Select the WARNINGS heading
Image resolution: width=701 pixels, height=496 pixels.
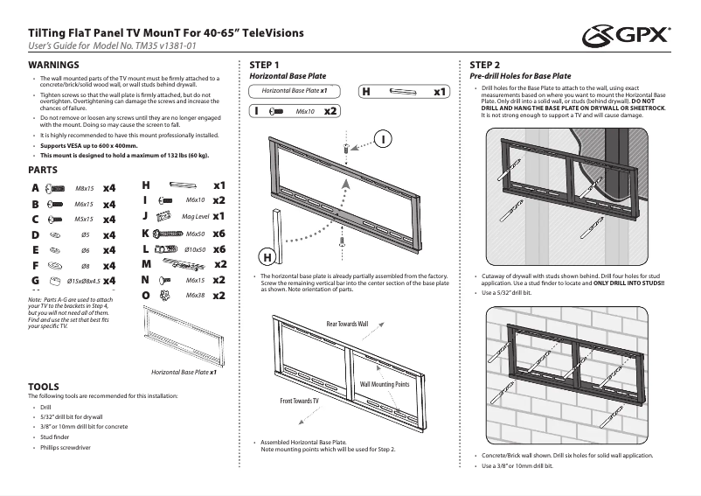coord(54,66)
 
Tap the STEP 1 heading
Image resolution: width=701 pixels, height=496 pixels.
coord(265,66)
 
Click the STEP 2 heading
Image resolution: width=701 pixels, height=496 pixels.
coord(485,66)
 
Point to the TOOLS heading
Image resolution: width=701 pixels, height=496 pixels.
coord(44,386)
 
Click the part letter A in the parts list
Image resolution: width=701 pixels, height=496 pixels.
coord(34,188)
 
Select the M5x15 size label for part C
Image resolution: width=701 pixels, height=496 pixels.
coord(84,220)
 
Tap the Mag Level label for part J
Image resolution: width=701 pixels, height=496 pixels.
coord(195,216)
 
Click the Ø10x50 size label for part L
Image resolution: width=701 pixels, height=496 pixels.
coord(195,249)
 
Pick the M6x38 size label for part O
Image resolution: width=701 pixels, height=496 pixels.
coord(195,296)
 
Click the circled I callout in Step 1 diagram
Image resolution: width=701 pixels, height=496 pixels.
coord(384,139)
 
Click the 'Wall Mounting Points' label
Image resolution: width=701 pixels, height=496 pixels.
coord(385,384)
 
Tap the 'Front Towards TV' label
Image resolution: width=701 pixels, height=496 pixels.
coord(299,400)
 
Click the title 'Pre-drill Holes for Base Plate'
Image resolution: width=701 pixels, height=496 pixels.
coord(520,77)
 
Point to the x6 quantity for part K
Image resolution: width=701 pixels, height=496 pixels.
coord(219,234)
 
